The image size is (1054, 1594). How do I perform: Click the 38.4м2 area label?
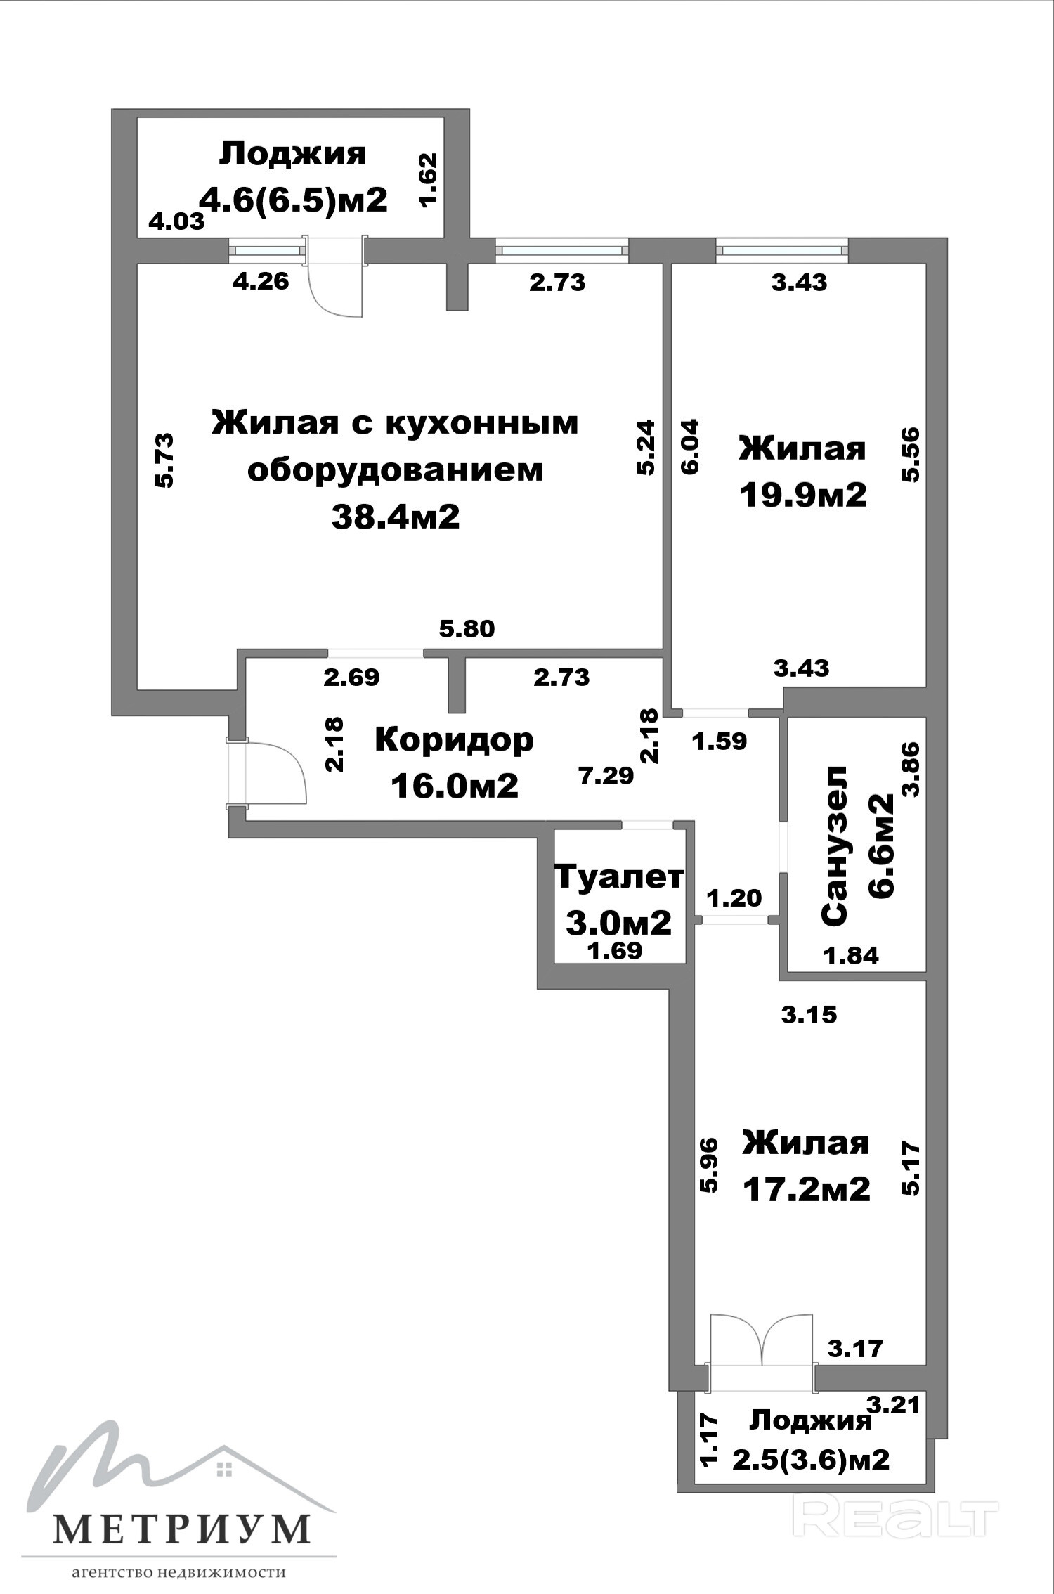396,517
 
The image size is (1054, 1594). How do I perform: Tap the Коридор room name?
454,741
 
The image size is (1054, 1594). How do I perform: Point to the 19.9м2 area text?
802,495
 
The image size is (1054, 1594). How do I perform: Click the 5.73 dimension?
164,460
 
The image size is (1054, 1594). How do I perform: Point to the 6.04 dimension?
690,447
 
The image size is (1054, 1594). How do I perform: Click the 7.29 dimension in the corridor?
606,776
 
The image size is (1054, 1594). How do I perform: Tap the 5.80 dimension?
467,628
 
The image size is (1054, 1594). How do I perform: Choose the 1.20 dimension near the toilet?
734,898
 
